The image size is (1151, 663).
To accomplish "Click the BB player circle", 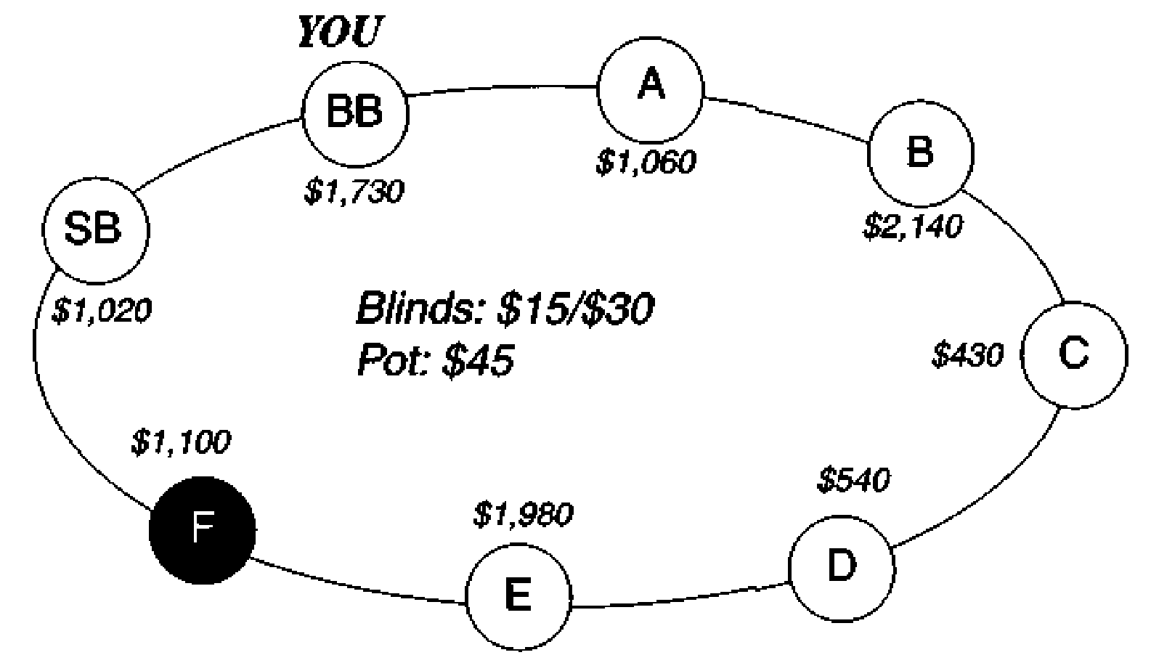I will coord(355,113).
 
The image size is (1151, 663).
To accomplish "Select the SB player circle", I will coord(96,230).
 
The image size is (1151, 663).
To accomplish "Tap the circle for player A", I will coord(651,88).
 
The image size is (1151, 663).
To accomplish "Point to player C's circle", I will coord(1074,354).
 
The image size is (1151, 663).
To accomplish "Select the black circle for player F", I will coord(202,529).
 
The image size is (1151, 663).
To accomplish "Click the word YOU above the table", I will coord(338,33).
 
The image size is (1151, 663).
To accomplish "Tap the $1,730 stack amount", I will coord(354,192).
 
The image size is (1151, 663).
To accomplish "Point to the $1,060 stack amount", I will coord(646,162).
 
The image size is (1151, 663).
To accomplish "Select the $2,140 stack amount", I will coord(913,226).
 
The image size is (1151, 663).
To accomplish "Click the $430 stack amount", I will coord(968,355).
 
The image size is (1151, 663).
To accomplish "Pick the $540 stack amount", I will coord(853,480).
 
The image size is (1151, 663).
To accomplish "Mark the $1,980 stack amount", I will coord(523,514).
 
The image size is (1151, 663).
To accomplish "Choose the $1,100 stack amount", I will coord(182,442).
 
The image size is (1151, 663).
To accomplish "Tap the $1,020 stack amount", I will coord(102,311).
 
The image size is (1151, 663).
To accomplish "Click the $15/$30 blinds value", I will coord(575,309).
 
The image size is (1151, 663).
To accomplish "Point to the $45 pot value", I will coord(479,361).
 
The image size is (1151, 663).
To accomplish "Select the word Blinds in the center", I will coord(419,309).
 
